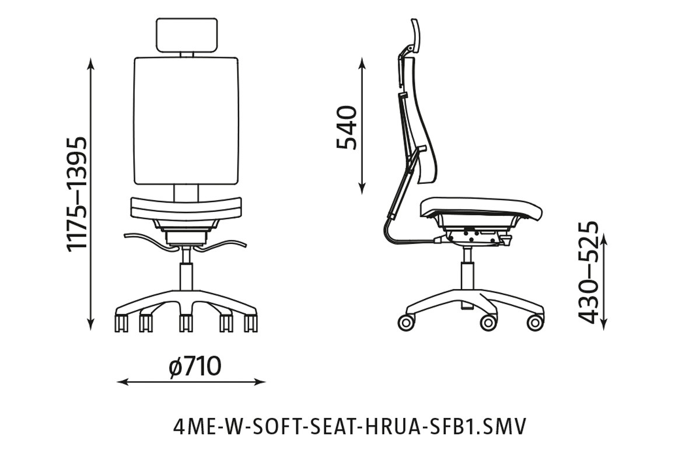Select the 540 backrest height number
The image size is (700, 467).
click(348, 127)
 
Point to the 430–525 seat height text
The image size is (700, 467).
click(588, 272)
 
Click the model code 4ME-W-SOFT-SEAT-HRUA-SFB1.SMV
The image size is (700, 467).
click(349, 427)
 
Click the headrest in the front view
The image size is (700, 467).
click(187, 34)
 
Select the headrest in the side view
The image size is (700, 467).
click(415, 34)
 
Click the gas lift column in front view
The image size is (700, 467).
click(186, 274)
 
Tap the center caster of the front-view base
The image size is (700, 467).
click(186, 323)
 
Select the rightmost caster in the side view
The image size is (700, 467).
click(534, 322)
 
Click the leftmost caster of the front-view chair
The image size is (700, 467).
click(121, 323)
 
